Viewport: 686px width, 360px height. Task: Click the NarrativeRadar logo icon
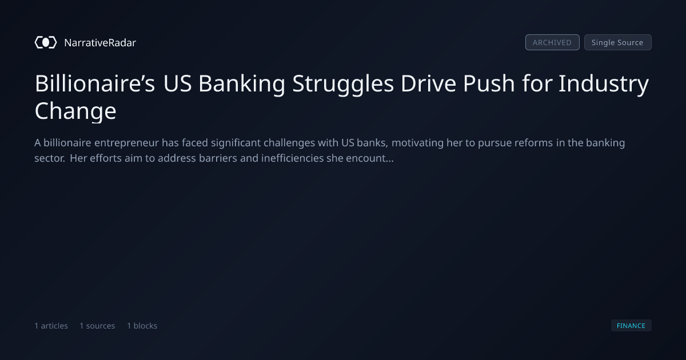[46, 42]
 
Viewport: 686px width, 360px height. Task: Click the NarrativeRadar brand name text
[100, 42]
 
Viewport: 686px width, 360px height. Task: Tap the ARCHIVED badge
[552, 42]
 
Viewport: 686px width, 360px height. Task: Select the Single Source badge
[618, 42]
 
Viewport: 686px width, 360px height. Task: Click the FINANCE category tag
[631, 325]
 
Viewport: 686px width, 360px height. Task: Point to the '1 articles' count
[51, 326]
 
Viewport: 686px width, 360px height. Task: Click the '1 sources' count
[97, 326]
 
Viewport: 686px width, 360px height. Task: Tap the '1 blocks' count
[142, 326]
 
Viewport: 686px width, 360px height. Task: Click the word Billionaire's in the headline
[95, 83]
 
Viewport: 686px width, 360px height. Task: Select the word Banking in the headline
[242, 84]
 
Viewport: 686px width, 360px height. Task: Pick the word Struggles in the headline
[343, 84]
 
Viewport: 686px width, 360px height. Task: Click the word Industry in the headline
[604, 84]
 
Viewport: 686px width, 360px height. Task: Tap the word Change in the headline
[75, 111]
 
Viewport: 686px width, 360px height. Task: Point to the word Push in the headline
[489, 83]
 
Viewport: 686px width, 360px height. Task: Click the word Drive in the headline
[428, 83]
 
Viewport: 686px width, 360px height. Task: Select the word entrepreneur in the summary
[126, 143]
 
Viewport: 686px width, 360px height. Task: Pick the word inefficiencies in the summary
[293, 158]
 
